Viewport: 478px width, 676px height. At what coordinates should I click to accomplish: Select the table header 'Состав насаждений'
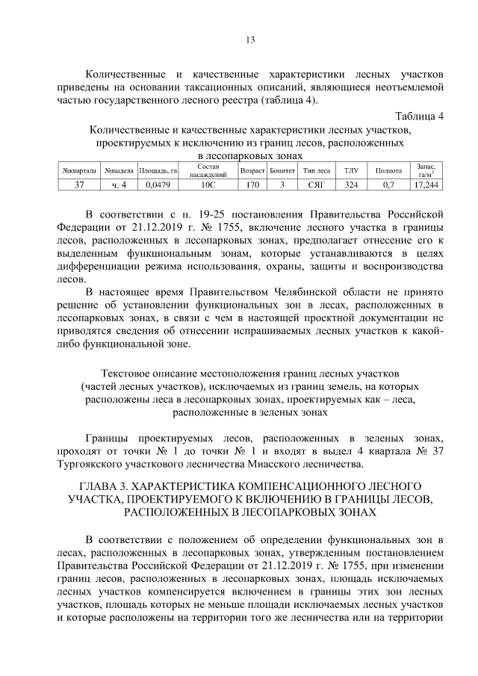(x=207, y=170)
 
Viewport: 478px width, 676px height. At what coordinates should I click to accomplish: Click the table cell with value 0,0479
(x=157, y=184)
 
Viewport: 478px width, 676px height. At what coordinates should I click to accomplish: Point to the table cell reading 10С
(x=207, y=184)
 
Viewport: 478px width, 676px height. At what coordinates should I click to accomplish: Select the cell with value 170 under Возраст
(x=252, y=184)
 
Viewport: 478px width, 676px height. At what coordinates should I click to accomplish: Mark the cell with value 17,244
(x=426, y=184)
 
